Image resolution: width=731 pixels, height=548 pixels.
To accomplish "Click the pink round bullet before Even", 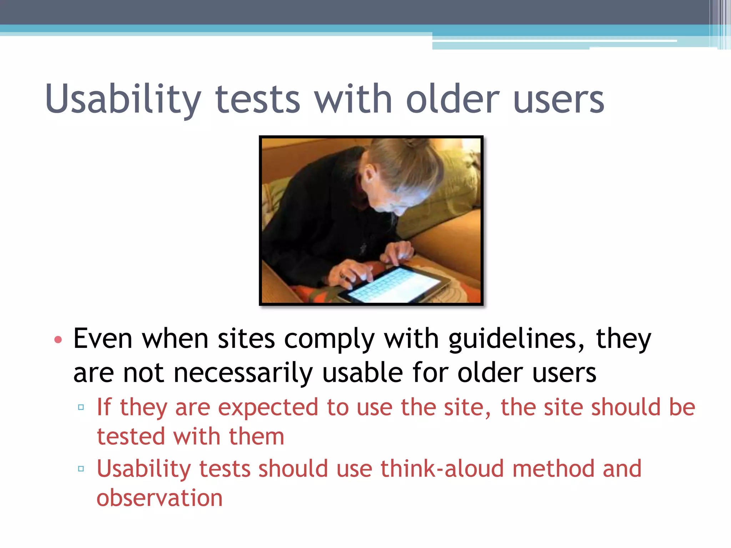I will click(x=58, y=339).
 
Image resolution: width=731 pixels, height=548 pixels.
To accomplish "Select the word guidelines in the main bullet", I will click(x=516, y=339).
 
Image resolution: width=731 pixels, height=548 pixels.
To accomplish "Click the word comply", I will click(x=329, y=339).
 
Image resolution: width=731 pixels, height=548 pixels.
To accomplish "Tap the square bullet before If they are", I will click(x=81, y=407).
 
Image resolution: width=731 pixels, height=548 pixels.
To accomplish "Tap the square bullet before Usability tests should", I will click(x=81, y=468).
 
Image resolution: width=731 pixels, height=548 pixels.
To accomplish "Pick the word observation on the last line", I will click(x=160, y=498).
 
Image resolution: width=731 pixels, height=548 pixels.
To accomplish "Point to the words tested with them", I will click(x=190, y=437).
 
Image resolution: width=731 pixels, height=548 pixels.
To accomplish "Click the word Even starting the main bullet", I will click(x=103, y=339).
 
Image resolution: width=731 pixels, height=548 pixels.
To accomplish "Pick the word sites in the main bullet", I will click(x=246, y=339).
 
